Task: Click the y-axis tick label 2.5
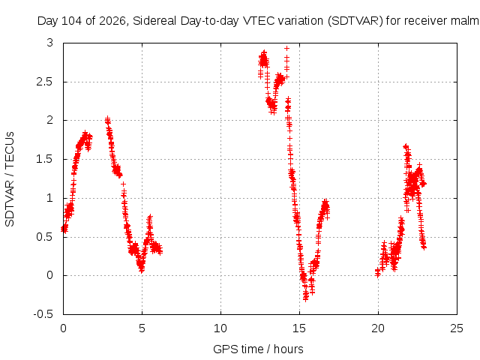[44, 82]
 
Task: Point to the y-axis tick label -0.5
[43, 314]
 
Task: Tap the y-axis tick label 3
[49, 43]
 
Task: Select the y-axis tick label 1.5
[44, 160]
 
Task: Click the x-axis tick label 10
[220, 328]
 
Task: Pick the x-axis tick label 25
[457, 328]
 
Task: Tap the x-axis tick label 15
[299, 328]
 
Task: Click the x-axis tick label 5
[142, 328]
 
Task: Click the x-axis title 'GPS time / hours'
[258, 349]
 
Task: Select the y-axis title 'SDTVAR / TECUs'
[10, 179]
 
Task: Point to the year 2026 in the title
[112, 21]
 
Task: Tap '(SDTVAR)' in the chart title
[355, 21]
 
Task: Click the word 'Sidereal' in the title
[154, 21]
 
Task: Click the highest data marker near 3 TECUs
[286, 48]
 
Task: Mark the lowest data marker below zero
[305, 299]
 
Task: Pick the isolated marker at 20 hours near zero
[378, 274]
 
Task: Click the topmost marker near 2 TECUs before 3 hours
[107, 118]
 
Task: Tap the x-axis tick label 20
[378, 328]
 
